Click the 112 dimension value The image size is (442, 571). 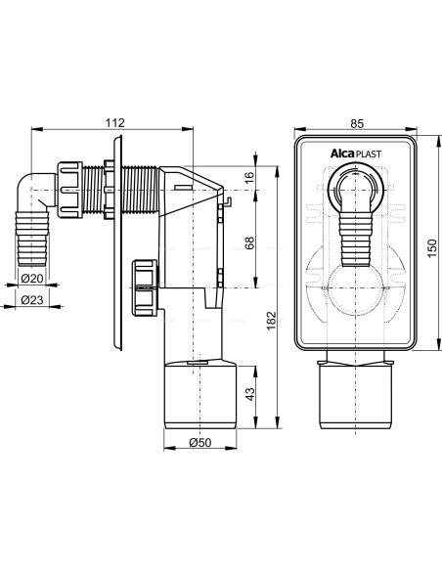click(x=115, y=123)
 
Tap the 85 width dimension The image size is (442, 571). click(x=357, y=124)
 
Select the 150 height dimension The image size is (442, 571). click(x=431, y=248)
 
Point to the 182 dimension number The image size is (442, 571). click(x=272, y=321)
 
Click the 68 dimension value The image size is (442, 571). click(x=249, y=242)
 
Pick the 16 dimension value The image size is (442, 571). click(x=249, y=177)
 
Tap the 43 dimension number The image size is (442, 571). click(x=249, y=394)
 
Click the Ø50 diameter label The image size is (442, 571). click(x=200, y=443)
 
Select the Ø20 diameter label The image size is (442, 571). click(x=32, y=279)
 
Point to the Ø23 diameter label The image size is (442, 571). click(x=32, y=300)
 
